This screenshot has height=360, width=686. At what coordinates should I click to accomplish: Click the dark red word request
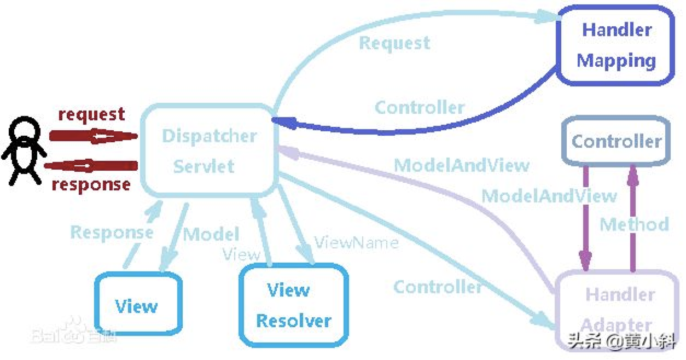[x=91, y=114]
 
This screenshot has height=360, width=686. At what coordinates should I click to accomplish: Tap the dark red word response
[x=91, y=185]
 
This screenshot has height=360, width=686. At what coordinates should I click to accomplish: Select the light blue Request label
[x=394, y=43]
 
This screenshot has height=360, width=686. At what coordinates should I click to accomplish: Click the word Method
[x=634, y=224]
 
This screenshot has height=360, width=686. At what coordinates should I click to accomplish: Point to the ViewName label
[x=357, y=243]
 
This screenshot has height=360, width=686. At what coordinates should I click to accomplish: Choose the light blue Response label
[x=112, y=233]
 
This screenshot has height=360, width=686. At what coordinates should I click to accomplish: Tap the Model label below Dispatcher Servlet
[x=211, y=234]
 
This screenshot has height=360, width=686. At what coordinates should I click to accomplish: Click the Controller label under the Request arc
[x=420, y=108]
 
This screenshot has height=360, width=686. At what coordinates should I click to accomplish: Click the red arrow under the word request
[x=94, y=136]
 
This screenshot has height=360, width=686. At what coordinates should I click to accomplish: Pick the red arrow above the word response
[x=91, y=166]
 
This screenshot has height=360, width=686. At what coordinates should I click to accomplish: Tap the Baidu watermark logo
[x=73, y=332]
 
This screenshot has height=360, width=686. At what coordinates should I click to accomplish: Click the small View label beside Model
[x=241, y=254]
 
